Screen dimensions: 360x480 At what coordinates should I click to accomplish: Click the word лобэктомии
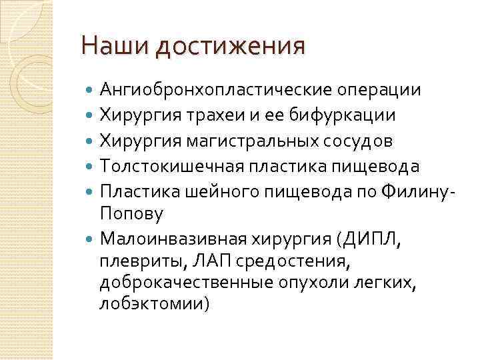pos(153,304)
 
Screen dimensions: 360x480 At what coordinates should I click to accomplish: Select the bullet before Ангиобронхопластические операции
pos(91,90)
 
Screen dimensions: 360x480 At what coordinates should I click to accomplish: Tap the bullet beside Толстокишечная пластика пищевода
pos(91,166)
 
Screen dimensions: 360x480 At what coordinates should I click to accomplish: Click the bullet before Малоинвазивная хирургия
pos(91,238)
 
